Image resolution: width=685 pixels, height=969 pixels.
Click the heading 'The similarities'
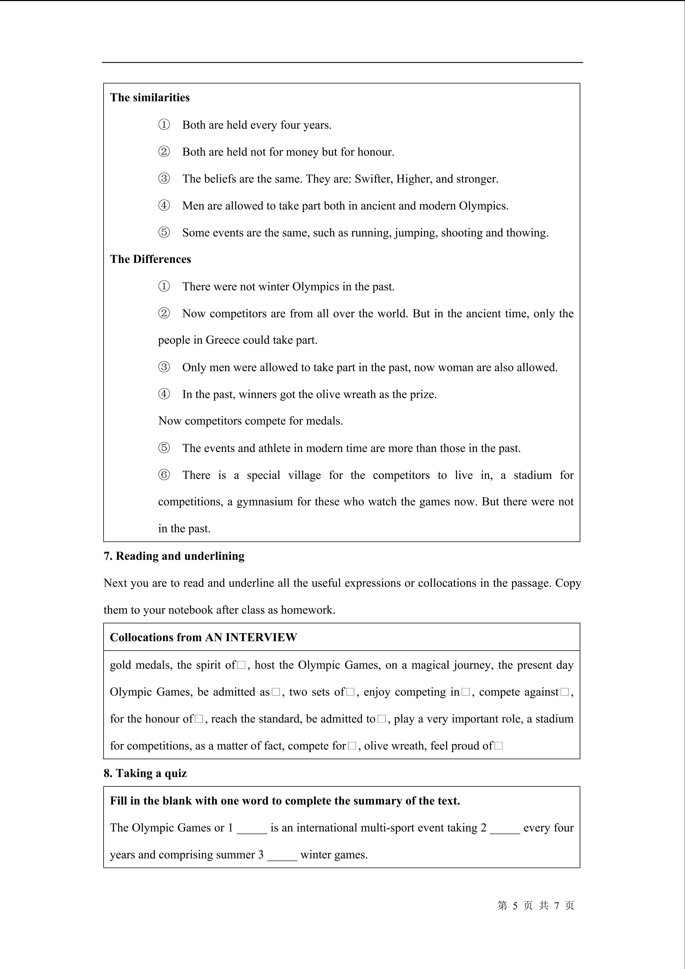point(150,98)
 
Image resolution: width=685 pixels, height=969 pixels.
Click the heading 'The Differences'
point(150,259)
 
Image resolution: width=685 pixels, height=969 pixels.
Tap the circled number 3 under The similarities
point(164,178)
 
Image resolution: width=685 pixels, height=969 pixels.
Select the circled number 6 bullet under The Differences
point(164,475)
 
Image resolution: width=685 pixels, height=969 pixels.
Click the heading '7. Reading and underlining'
point(174,556)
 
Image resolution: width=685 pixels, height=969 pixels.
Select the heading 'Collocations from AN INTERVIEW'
point(203,637)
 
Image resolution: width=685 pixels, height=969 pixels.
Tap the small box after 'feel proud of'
point(498,746)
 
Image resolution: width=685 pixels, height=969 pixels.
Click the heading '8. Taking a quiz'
point(145,773)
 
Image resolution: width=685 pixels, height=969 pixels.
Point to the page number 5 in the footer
point(515,906)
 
